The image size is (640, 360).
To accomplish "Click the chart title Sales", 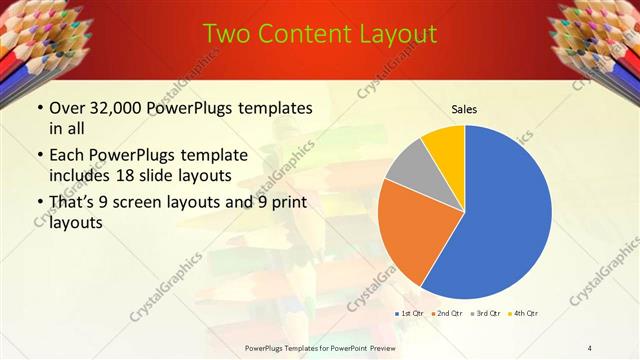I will pyautogui.click(x=465, y=107).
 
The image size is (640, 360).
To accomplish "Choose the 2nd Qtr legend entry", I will pyautogui.click(x=447, y=314).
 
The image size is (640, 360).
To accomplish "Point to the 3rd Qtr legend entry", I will pyautogui.click(x=485, y=314).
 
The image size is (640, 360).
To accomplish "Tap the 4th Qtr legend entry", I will pyautogui.click(x=523, y=314).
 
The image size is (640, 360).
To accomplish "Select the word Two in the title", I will pyautogui.click(x=227, y=34).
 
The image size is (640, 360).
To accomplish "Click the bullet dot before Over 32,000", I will pyautogui.click(x=39, y=108).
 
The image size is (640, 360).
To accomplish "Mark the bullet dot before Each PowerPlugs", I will pyautogui.click(x=39, y=156).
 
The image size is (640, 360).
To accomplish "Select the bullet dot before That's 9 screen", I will pyautogui.click(x=39, y=204).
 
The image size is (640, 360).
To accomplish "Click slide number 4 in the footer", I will pyautogui.click(x=590, y=347).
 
